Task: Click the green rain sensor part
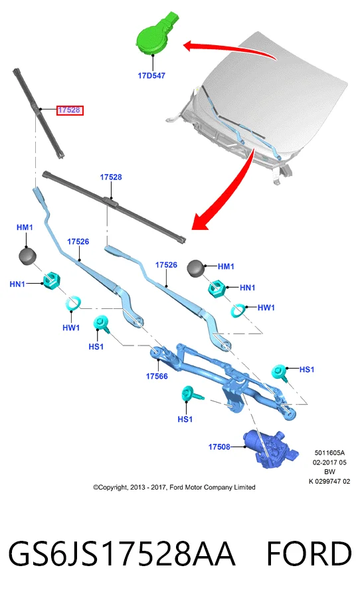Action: (x=155, y=33)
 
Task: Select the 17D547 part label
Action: (x=151, y=76)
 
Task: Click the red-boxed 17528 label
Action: (x=69, y=110)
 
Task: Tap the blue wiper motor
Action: (x=270, y=449)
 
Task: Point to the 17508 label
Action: (x=219, y=447)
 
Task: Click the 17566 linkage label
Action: (x=157, y=376)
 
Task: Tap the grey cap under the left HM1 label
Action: (x=27, y=256)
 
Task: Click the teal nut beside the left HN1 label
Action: (x=50, y=280)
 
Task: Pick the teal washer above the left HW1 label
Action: (x=73, y=304)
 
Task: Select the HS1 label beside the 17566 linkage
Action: (x=96, y=347)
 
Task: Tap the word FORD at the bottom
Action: (x=309, y=553)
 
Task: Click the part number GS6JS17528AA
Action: (x=122, y=553)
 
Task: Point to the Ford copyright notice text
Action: (x=174, y=488)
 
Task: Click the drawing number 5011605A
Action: (x=329, y=453)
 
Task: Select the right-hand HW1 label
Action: (x=266, y=308)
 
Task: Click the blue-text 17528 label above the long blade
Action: (x=111, y=177)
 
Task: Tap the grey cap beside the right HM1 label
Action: (x=196, y=268)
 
